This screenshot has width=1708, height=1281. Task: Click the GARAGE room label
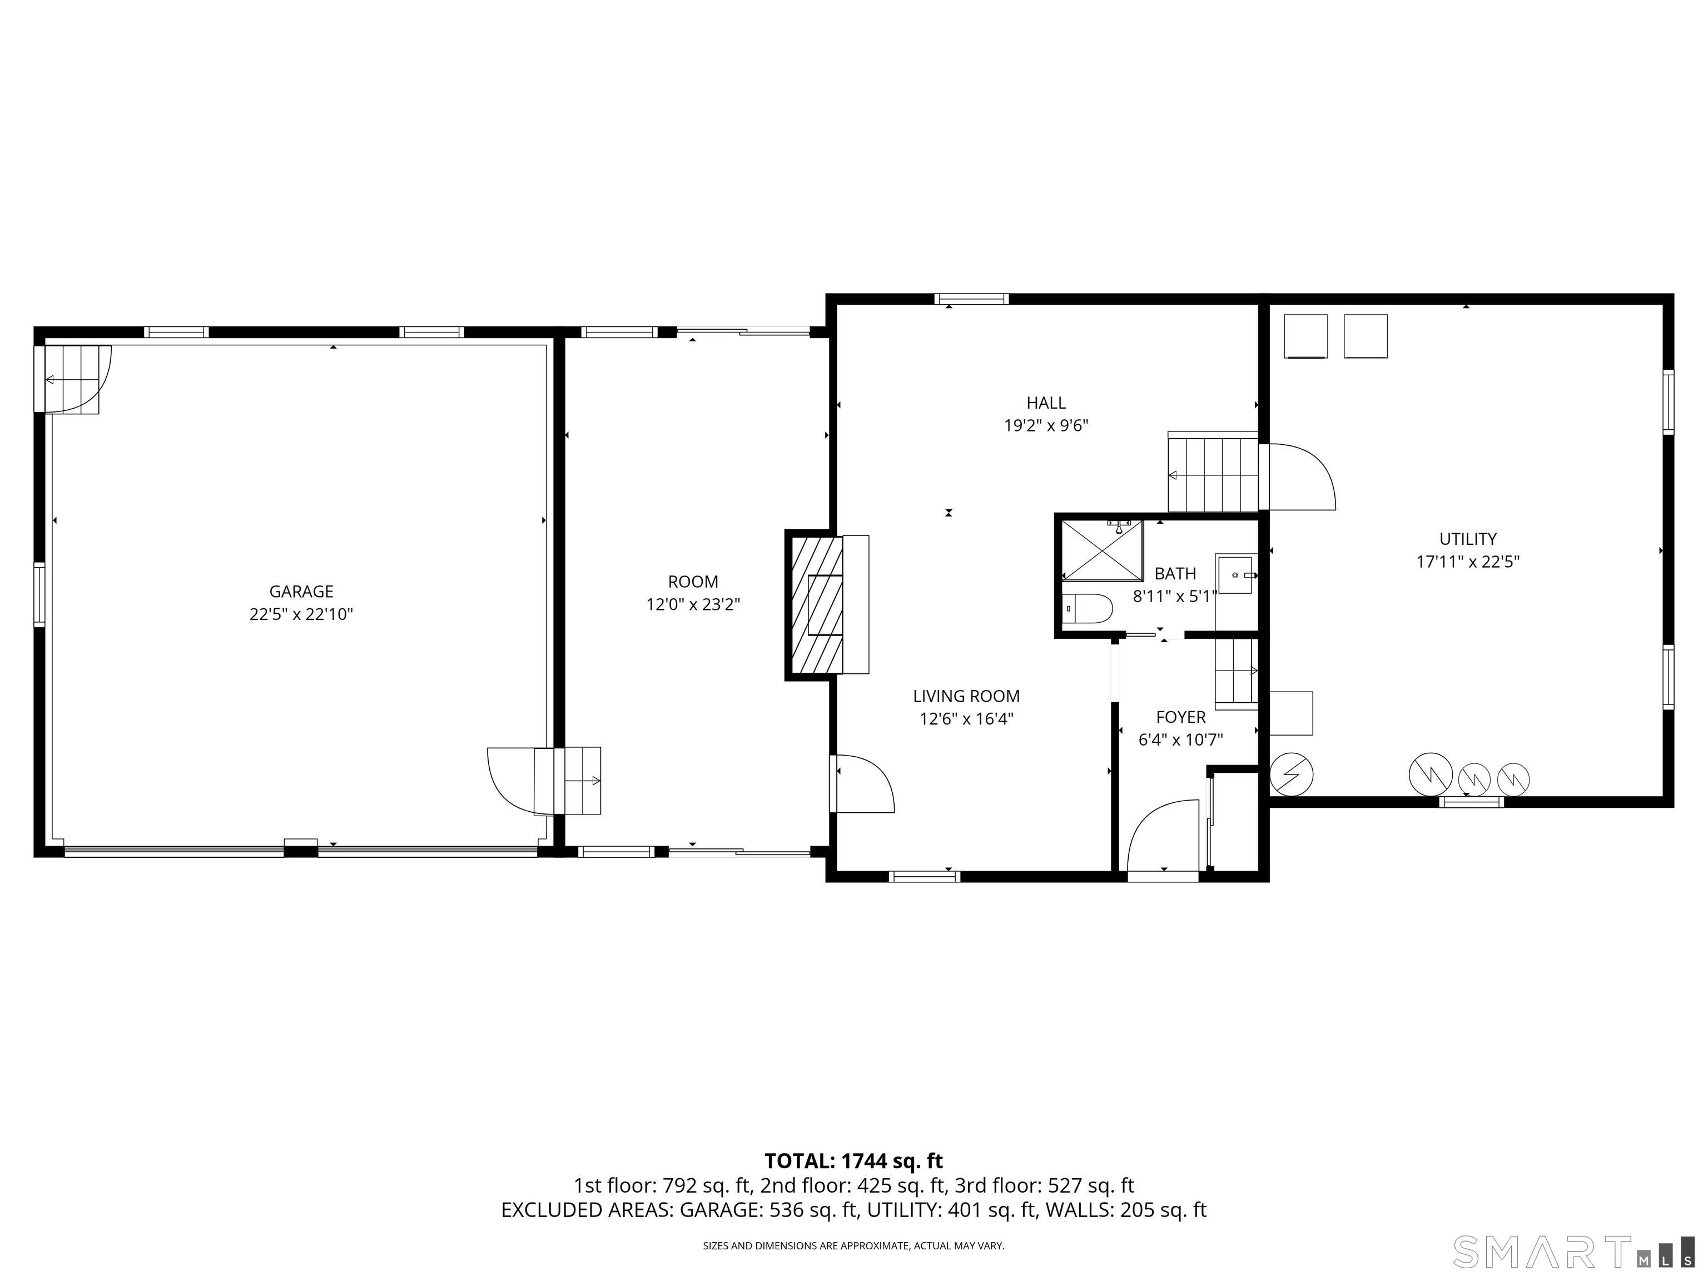click(301, 592)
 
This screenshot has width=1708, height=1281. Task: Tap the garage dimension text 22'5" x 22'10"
click(301, 614)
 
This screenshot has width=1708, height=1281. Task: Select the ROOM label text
click(693, 582)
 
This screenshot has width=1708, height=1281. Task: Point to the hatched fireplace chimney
click(815, 604)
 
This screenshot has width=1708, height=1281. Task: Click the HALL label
click(1046, 403)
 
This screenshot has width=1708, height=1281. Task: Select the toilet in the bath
click(1087, 608)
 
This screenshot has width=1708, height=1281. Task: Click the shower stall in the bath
click(1102, 550)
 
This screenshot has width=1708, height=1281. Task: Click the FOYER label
click(1180, 717)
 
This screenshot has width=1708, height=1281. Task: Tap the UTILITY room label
click(1467, 539)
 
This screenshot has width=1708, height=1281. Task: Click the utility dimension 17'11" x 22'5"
click(1467, 562)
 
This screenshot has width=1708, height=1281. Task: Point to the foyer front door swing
click(1163, 836)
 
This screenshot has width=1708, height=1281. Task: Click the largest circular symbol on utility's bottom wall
click(1430, 775)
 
